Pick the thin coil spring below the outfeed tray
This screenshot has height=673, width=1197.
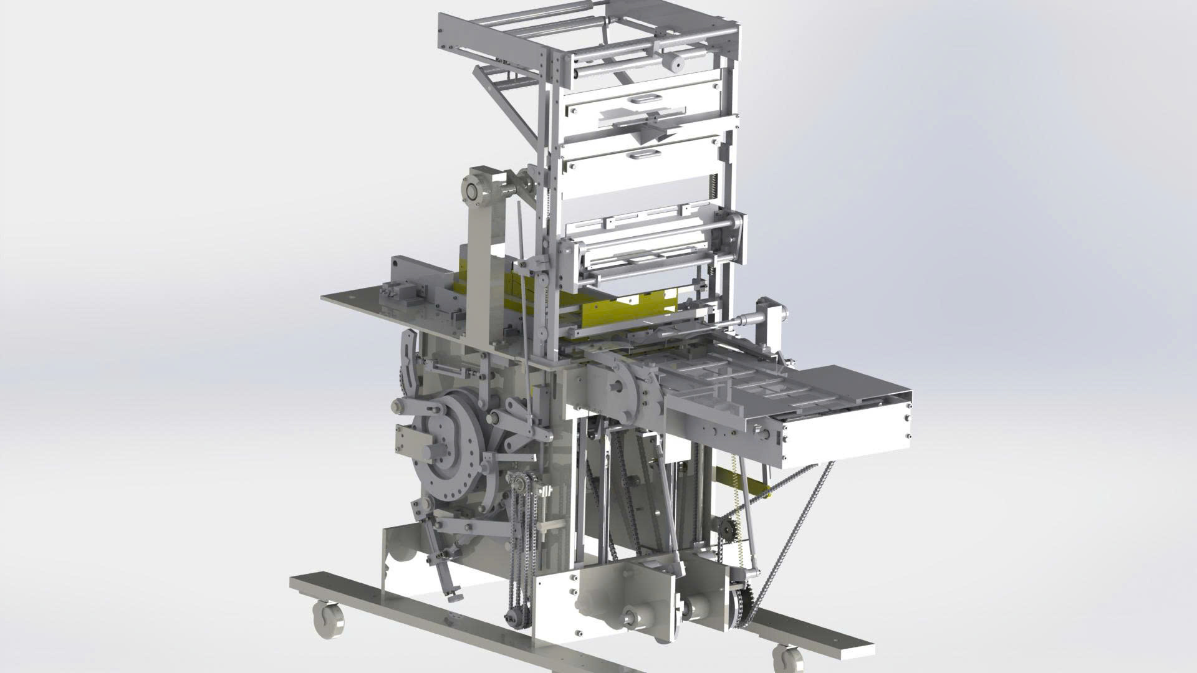coord(738,517)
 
